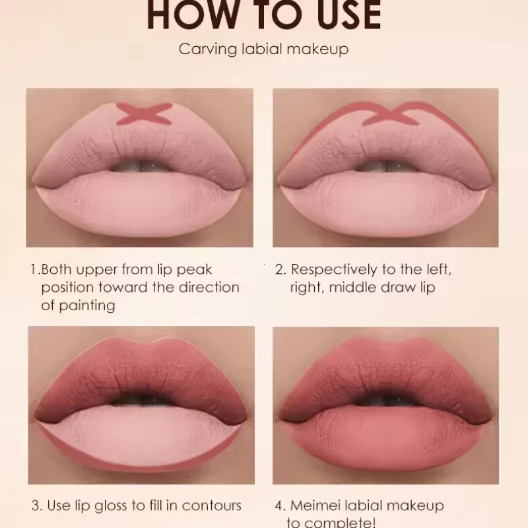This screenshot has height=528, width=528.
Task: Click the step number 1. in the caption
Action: click(x=34, y=270)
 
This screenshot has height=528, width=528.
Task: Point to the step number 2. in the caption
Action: click(x=280, y=270)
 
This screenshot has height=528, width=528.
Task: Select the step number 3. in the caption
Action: click(x=36, y=506)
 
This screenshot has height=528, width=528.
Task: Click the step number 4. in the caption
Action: click(x=280, y=506)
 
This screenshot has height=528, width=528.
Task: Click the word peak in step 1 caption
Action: click(x=197, y=270)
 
